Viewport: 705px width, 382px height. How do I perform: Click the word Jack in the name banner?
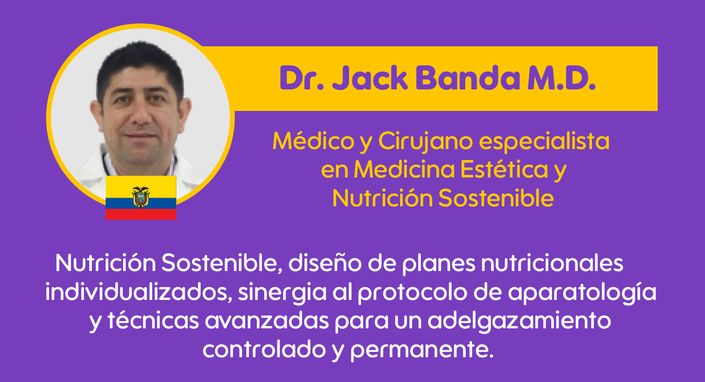pyautogui.click(x=370, y=78)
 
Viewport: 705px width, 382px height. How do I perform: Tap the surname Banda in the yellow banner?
pyautogui.click(x=468, y=78)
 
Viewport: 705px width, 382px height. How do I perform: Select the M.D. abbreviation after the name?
pyautogui.click(x=562, y=78)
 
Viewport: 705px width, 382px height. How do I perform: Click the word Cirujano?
pyautogui.click(x=425, y=142)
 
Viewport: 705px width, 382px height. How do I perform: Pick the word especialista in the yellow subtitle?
pyautogui.click(x=544, y=142)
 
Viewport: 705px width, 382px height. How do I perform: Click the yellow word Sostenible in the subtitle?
pyautogui.click(x=496, y=198)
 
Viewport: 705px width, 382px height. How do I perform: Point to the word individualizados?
pyautogui.click(x=139, y=292)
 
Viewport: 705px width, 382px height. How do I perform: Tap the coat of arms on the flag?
pyautogui.click(x=141, y=197)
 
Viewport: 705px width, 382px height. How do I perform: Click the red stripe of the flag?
pyautogui.click(x=141, y=214)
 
